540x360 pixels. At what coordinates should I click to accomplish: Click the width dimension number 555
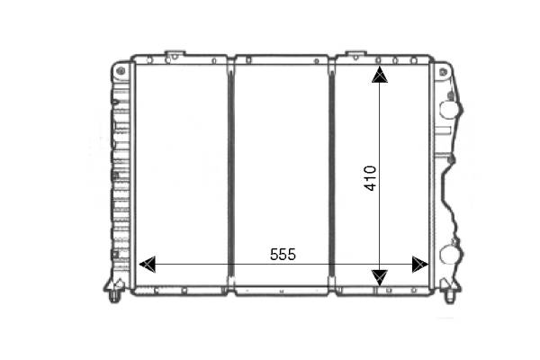tap(283, 255)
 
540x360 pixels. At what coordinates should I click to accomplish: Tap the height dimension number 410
tap(371, 178)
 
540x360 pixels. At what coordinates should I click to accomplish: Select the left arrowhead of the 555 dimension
tap(148, 265)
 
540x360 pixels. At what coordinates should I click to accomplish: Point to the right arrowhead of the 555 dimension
tap(419, 265)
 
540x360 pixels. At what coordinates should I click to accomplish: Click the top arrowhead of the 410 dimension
tap(380, 75)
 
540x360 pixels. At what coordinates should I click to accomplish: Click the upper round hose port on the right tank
tap(449, 110)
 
